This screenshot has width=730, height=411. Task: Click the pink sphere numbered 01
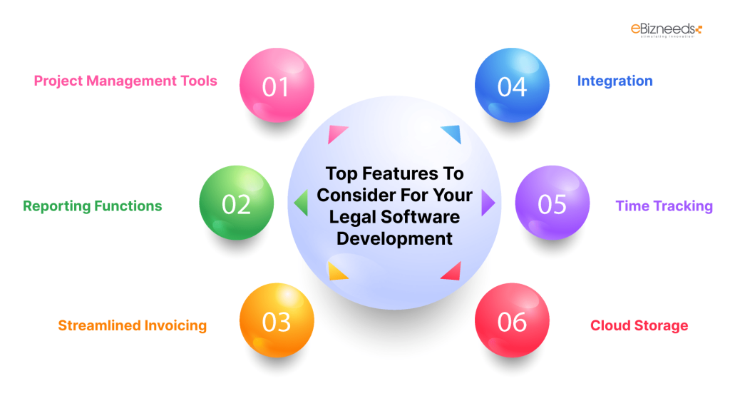[x=276, y=86]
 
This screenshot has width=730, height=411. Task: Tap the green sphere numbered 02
[x=236, y=203]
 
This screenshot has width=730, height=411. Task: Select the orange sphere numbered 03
[x=276, y=321]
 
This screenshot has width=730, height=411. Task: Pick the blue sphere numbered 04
[x=512, y=86]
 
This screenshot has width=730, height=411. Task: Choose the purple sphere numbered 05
[x=552, y=203]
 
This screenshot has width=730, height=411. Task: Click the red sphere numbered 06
[x=512, y=321]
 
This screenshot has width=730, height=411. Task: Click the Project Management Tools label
[x=125, y=81]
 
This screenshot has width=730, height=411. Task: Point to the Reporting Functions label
[x=93, y=206]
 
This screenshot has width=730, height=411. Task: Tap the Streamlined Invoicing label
[x=132, y=326]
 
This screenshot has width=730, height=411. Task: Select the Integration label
[x=615, y=81]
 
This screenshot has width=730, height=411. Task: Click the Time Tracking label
[x=664, y=206]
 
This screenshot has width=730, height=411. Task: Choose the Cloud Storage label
[x=639, y=326]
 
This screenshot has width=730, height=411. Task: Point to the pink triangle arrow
[x=336, y=133]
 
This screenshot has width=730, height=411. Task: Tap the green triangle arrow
[x=301, y=203]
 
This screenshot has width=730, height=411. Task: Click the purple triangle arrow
[x=488, y=203]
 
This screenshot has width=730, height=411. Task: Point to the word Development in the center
[x=394, y=238]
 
